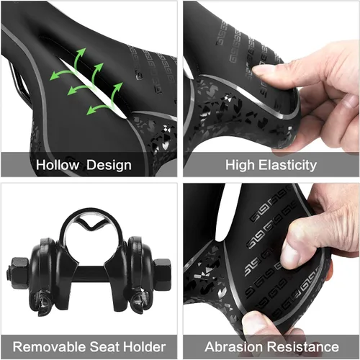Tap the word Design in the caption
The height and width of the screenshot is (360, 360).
click(109, 165)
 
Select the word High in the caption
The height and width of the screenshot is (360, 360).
click(240, 165)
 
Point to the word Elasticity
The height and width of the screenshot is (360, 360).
click(287, 165)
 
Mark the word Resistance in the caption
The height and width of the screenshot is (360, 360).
click(303, 346)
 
